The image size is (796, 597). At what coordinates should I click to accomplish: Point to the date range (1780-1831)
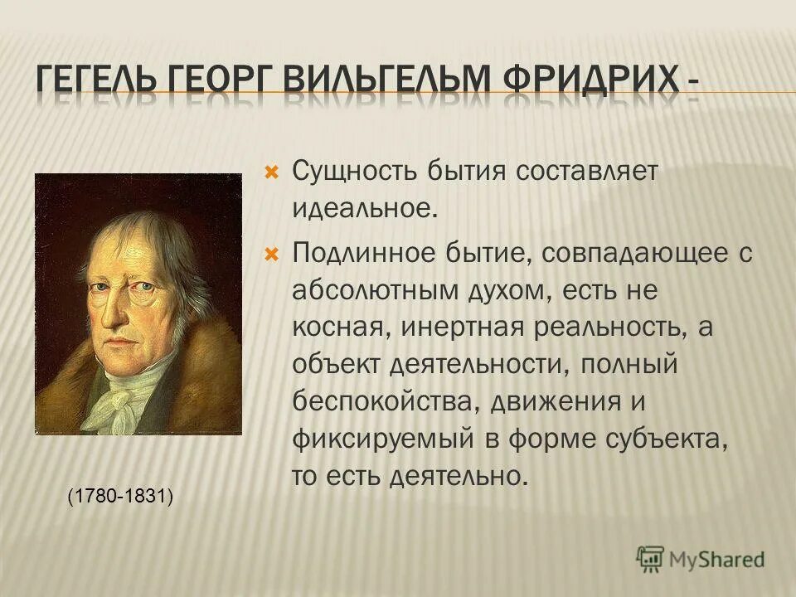[x=121, y=496]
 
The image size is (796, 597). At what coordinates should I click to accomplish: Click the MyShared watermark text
[x=716, y=559]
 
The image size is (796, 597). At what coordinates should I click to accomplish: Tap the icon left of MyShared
[x=650, y=558]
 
